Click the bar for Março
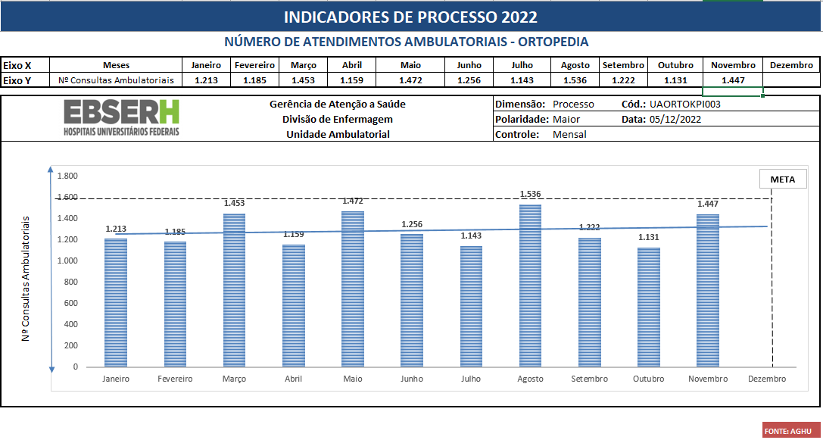(234, 291)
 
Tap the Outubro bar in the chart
(648, 307)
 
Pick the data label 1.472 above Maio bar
(353, 201)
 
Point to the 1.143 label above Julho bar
(471, 236)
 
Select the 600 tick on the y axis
(70, 303)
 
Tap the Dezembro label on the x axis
(766, 379)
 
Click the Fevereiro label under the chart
(175, 379)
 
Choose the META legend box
(782, 179)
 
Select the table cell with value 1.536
(575, 80)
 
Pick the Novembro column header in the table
(733, 65)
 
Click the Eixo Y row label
(17, 80)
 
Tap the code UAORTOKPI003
(680, 105)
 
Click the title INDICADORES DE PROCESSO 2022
(411, 17)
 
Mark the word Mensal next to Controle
(569, 134)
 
